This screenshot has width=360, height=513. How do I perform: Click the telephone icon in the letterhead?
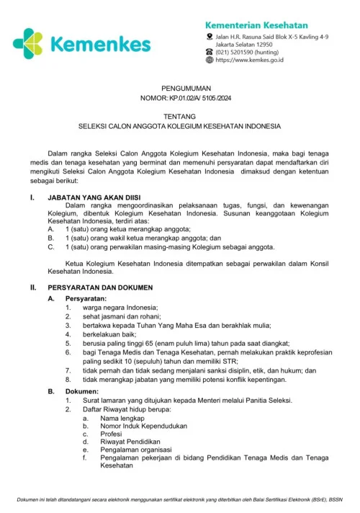click(x=210, y=51)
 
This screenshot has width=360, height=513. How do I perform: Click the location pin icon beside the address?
click(x=210, y=35)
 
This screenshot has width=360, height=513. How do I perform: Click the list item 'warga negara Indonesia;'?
click(x=112, y=307)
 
